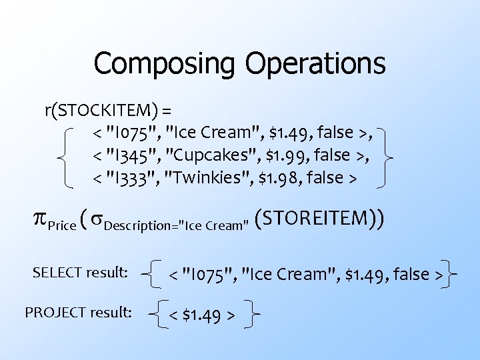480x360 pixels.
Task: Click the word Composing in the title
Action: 165,64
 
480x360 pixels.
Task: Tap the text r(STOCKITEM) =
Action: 109,110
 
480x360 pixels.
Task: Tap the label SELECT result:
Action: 80,272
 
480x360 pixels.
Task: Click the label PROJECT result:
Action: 77,311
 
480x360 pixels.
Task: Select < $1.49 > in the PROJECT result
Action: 201,314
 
